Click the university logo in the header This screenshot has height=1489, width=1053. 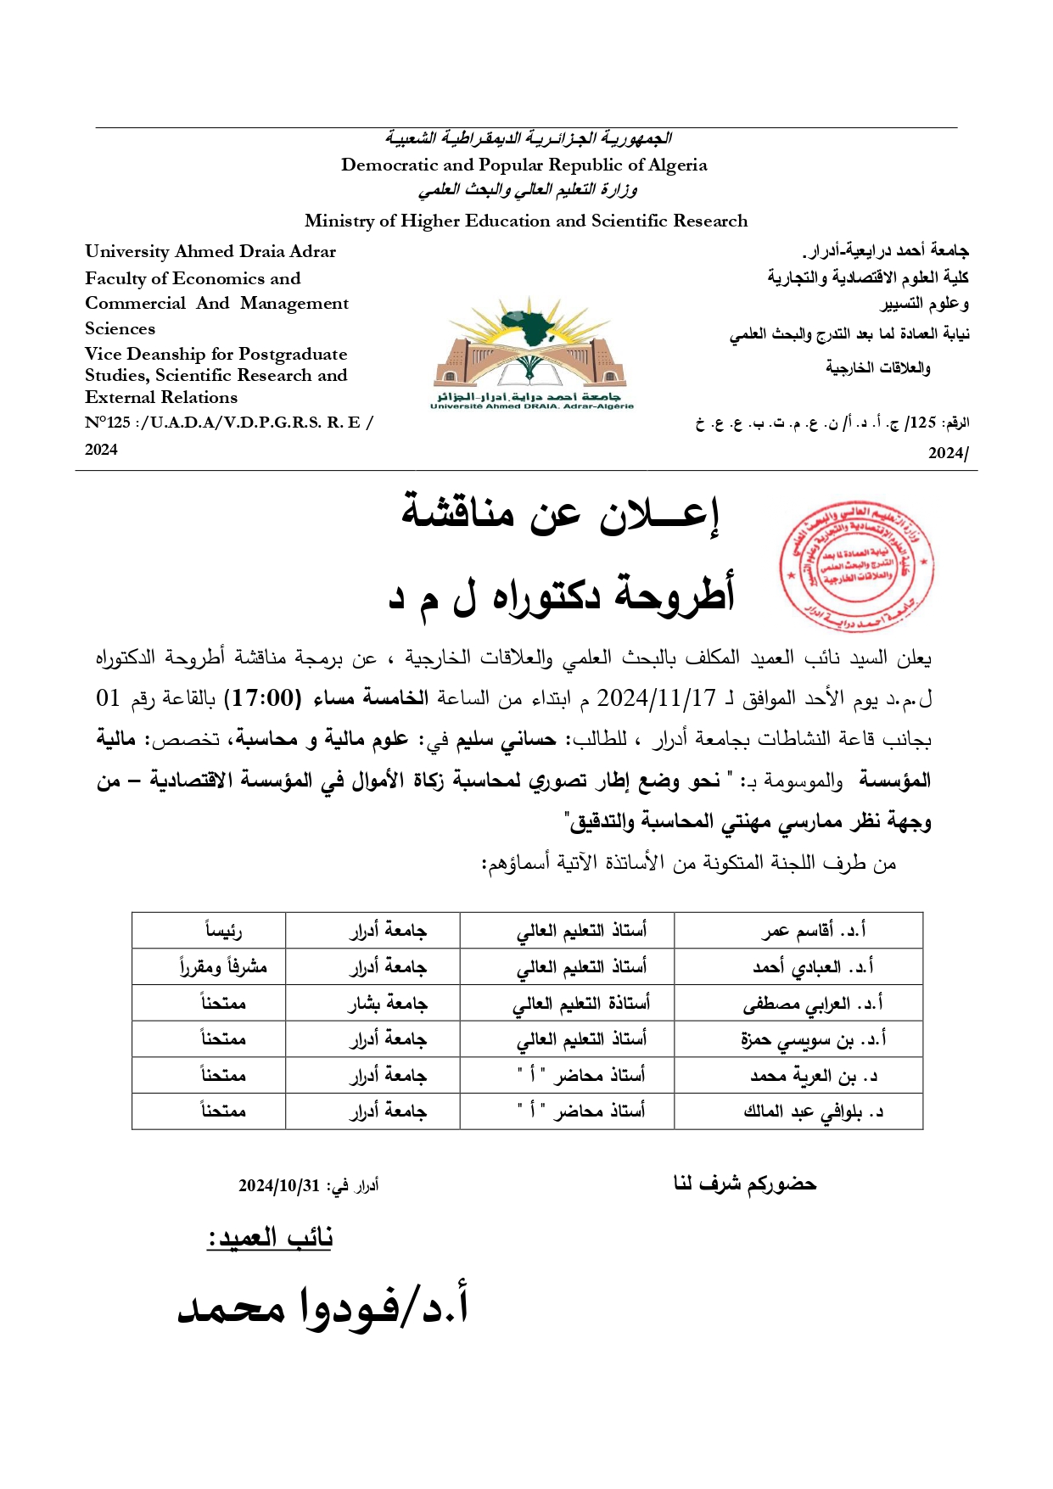click(532, 353)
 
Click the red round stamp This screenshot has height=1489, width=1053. click(856, 565)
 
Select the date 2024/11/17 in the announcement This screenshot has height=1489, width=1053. click(656, 698)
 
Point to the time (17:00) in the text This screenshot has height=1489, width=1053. click(262, 698)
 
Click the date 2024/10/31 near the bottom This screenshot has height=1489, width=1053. click(279, 1185)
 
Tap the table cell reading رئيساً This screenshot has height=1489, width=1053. click(223, 931)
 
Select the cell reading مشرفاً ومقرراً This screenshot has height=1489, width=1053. click(223, 966)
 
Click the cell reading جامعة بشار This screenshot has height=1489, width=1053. click(387, 1003)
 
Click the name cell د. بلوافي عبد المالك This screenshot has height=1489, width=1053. click(813, 1111)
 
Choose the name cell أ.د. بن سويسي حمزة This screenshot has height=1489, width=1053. click(813, 1038)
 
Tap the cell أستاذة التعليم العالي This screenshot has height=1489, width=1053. click(581, 1003)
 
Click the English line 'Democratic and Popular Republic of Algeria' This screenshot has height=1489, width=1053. click(524, 165)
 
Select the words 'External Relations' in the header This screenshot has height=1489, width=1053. click(161, 397)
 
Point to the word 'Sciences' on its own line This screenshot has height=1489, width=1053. click(120, 328)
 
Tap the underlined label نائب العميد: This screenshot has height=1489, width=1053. click(270, 1238)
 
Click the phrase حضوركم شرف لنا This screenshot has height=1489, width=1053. click(744, 1184)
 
